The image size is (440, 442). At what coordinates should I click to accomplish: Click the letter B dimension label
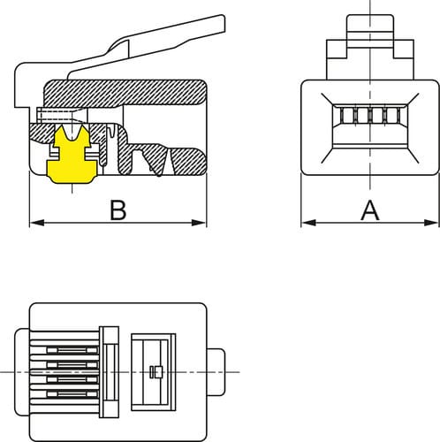pyautogui.click(x=118, y=210)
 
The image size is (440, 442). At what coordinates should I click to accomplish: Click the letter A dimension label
pyautogui.click(x=370, y=210)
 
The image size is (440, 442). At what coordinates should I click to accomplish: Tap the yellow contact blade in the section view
pyautogui.click(x=72, y=155)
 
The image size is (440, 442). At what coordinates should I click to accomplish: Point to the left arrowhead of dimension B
pyautogui.click(x=37, y=223)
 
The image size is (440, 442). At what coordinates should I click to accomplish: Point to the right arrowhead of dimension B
pyautogui.click(x=199, y=223)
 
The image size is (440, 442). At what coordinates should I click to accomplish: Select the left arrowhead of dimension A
pyautogui.click(x=308, y=223)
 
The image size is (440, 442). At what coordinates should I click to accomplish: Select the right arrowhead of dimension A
pyautogui.click(x=431, y=223)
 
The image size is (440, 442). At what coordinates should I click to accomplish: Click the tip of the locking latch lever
pyautogui.click(x=224, y=23)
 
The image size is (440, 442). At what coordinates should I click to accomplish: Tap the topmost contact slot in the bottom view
pyautogui.click(x=72, y=350)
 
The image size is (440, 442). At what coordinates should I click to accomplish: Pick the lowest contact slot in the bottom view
pyautogui.click(x=72, y=394)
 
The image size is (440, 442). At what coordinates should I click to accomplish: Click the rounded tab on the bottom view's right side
pyautogui.click(x=216, y=372)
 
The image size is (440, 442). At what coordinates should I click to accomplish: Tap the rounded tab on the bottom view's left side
pyautogui.click(x=22, y=372)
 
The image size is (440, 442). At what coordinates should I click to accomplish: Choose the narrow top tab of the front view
pyautogui.click(x=370, y=31)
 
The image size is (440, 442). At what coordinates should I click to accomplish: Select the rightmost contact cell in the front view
pyautogui.click(x=392, y=115)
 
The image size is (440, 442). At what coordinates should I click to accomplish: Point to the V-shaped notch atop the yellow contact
pyautogui.click(x=72, y=133)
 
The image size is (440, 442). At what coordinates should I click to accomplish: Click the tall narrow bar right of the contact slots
pyautogui.click(x=109, y=372)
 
